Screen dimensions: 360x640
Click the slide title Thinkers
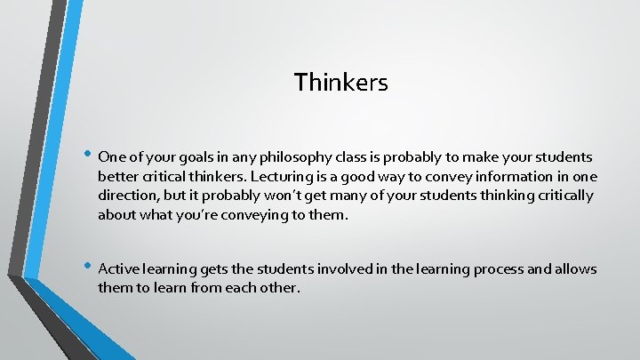click(x=341, y=83)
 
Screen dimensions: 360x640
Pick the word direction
click(x=129, y=196)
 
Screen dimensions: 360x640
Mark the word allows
click(x=574, y=268)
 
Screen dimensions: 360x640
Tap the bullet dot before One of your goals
click(x=87, y=155)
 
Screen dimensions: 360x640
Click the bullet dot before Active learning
click(x=87, y=267)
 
